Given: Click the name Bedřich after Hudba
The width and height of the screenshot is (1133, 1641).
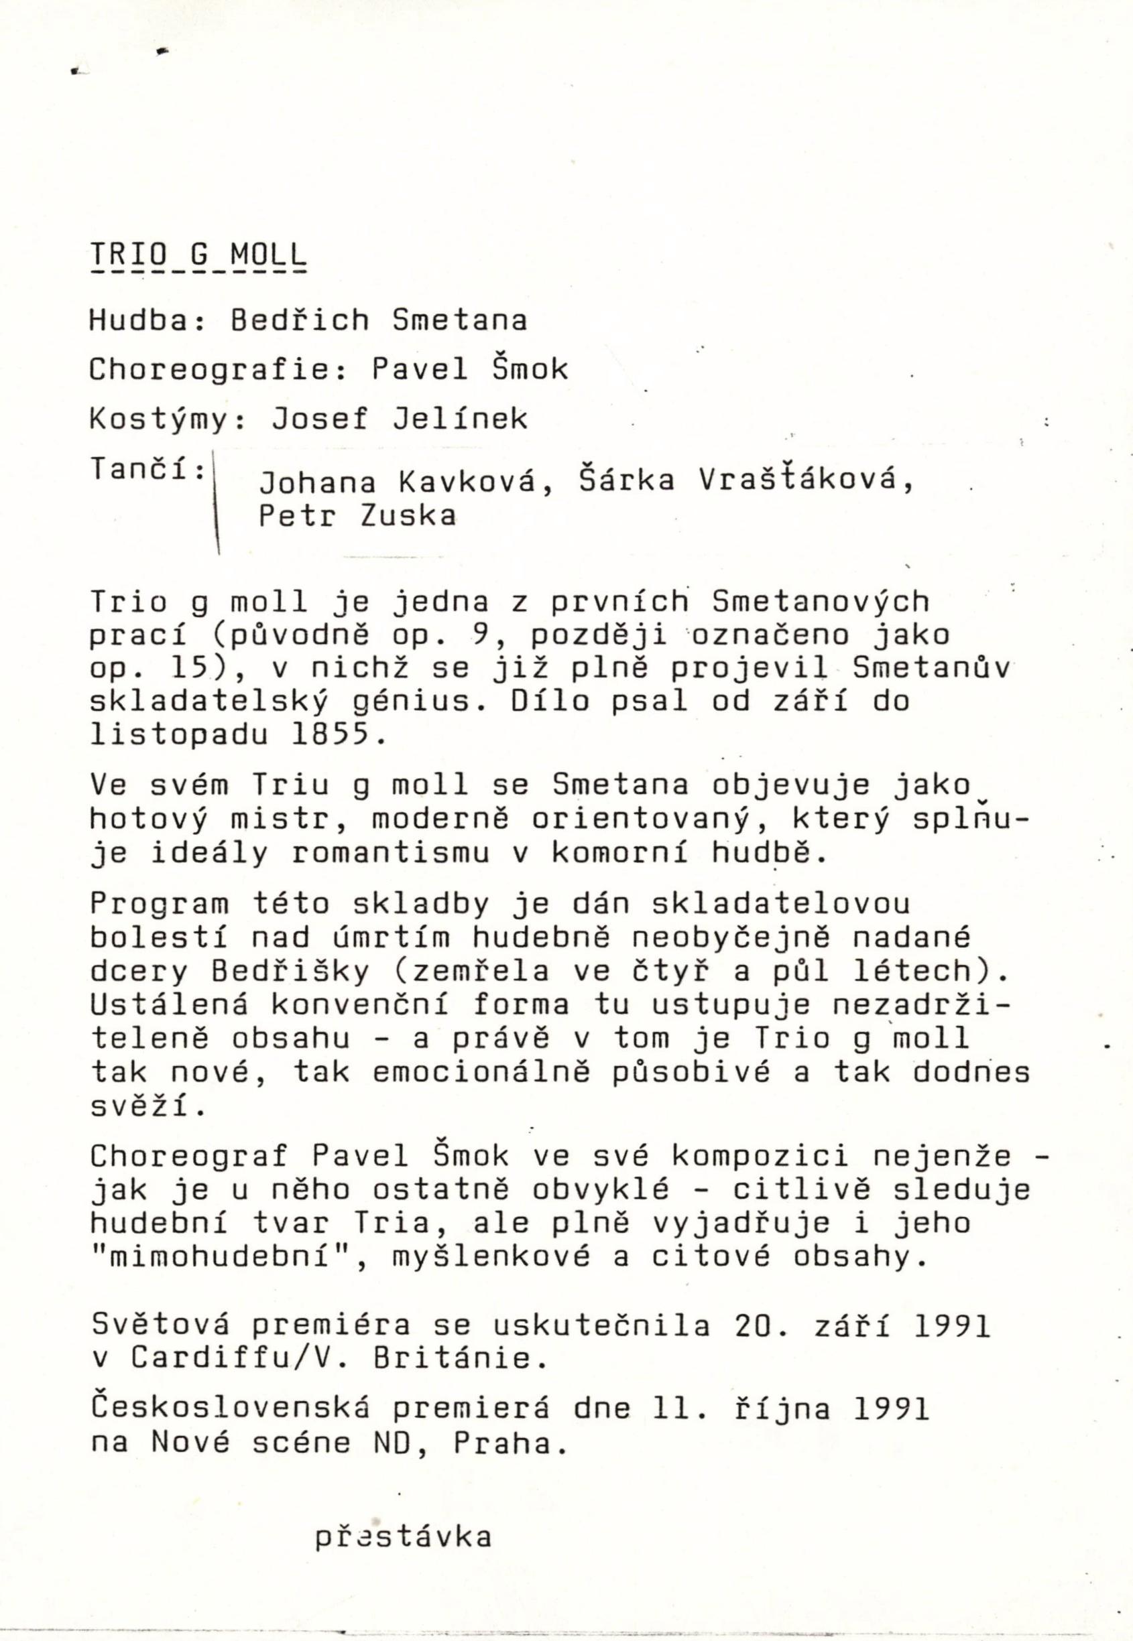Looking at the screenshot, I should tap(300, 321).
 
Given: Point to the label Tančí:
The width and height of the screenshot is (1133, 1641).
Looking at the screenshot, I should tap(147, 468).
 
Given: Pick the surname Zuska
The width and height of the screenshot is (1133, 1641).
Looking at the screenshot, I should tap(408, 516).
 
